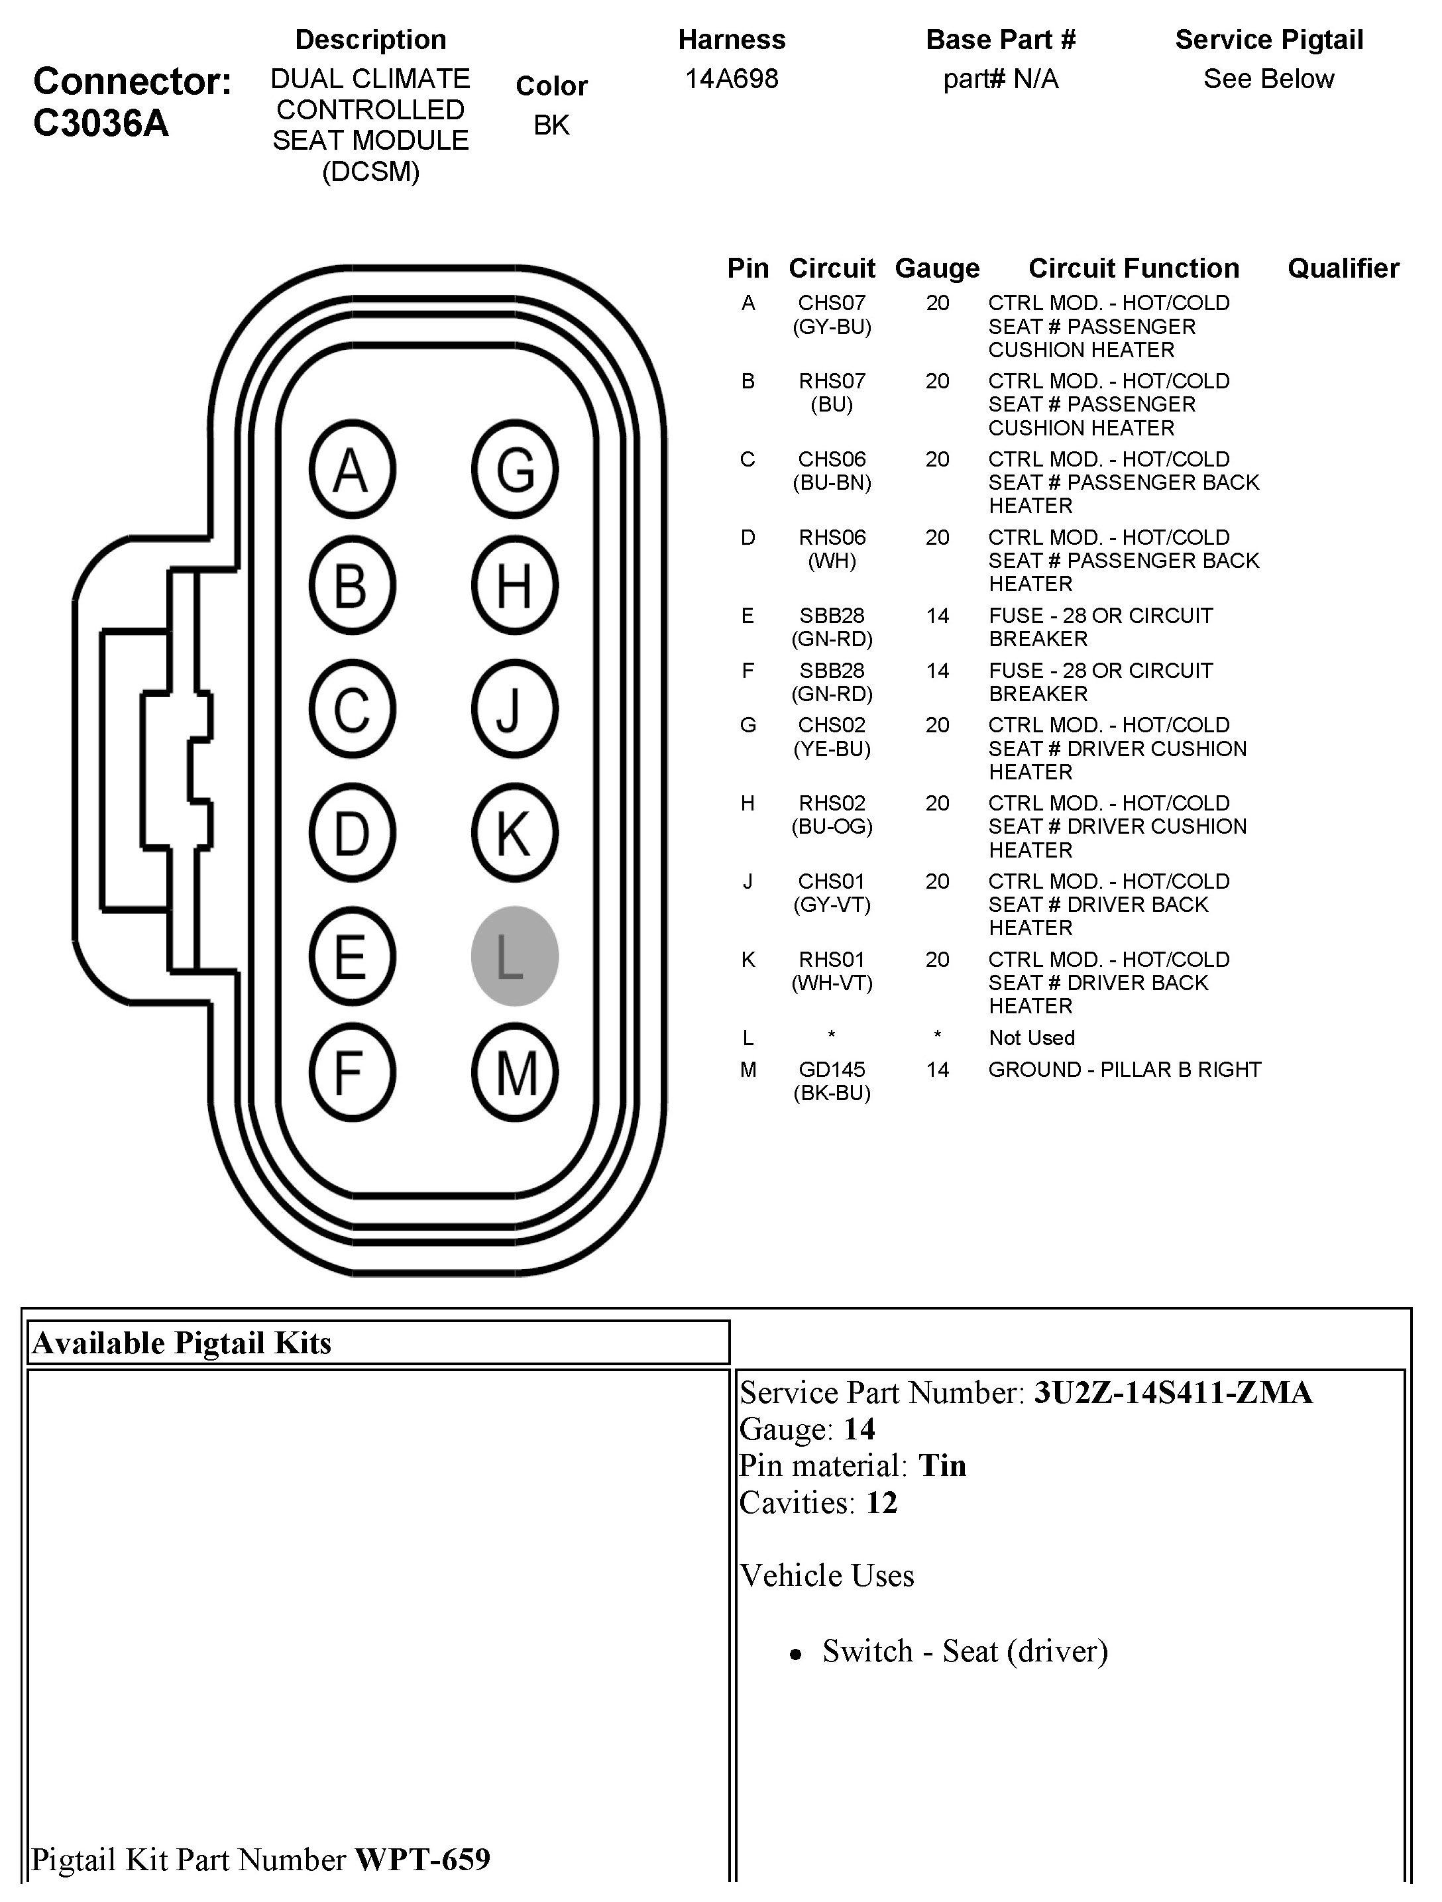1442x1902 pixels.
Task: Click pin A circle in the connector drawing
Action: (x=352, y=469)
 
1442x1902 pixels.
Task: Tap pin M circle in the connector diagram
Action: (x=514, y=1073)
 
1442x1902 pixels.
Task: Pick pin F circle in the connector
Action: (x=352, y=1073)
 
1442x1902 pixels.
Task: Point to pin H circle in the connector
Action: (x=514, y=586)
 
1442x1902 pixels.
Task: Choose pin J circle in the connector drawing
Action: (x=514, y=709)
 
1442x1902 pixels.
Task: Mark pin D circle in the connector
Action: (x=352, y=833)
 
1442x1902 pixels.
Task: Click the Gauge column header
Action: (x=936, y=268)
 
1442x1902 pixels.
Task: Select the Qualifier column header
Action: (x=1342, y=268)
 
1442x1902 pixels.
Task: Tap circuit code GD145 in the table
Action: (x=832, y=1070)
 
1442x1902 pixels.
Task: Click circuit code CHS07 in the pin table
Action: (x=832, y=303)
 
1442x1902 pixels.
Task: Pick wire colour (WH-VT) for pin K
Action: (x=832, y=983)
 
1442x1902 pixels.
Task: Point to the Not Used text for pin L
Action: (x=1031, y=1038)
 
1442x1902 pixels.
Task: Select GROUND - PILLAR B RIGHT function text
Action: (x=1124, y=1070)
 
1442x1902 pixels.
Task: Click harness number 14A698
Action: (x=732, y=79)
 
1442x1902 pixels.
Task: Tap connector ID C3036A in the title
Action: (x=101, y=124)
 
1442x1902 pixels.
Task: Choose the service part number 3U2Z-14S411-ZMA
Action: (x=1173, y=1392)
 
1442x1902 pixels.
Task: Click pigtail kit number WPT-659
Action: (x=422, y=1859)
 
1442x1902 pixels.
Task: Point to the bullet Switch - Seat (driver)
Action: (x=964, y=1651)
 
